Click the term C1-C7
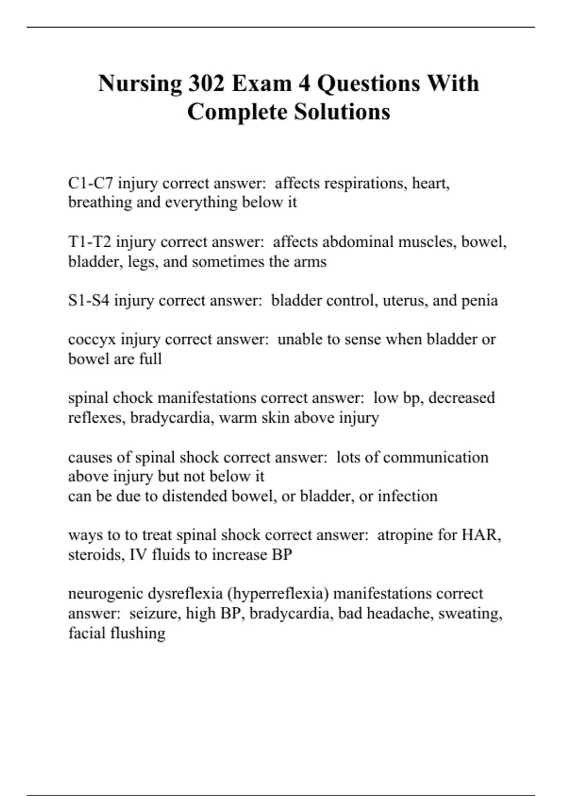(90, 183)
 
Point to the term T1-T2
(89, 242)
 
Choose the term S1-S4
(89, 301)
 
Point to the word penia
(479, 301)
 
